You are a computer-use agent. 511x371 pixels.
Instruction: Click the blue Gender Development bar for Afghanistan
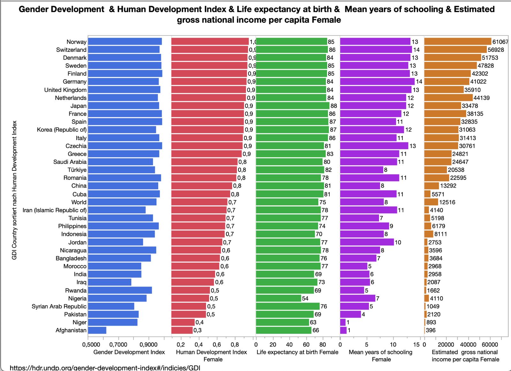97,330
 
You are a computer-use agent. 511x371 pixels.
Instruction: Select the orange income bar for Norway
458,42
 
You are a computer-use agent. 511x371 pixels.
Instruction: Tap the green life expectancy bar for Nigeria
278,298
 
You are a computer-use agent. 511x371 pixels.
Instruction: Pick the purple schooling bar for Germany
377,82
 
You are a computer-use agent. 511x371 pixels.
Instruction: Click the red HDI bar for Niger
183,322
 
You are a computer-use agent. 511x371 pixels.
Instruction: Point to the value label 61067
500,42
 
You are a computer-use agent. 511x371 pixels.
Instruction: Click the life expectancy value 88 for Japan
334,106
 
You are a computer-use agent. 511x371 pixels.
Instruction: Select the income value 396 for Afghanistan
431,330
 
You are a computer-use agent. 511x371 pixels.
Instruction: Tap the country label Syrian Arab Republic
59,306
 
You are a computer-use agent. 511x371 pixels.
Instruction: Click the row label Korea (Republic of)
62,130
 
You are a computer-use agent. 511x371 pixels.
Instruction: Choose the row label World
79,202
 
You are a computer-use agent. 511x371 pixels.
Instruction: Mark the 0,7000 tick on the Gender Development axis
118,345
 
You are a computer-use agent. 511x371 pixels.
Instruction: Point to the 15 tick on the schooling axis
416,345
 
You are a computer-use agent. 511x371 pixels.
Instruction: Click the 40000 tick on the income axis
468,345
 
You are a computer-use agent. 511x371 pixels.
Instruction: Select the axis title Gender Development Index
129,352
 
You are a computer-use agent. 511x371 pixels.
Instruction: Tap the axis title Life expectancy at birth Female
297,352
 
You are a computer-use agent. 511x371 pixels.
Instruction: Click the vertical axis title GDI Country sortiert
14,190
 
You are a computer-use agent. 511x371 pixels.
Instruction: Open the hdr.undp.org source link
105,368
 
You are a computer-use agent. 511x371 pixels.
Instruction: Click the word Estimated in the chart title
474,9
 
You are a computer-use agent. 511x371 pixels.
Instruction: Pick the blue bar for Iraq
110,282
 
